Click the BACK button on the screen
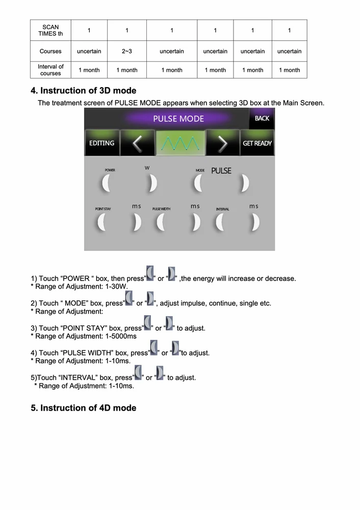262,118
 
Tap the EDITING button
102,143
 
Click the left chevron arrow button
137,143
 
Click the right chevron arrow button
222,143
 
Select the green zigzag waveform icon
180,143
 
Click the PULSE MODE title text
178,119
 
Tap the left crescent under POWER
106,183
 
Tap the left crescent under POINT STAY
101,222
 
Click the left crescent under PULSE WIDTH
160,222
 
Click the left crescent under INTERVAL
220,222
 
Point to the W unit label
147,168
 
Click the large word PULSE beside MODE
221,171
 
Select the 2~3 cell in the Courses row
127,51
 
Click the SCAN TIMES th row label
50,31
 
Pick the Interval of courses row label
50,70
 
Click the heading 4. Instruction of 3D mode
84,91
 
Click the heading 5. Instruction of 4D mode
84,408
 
